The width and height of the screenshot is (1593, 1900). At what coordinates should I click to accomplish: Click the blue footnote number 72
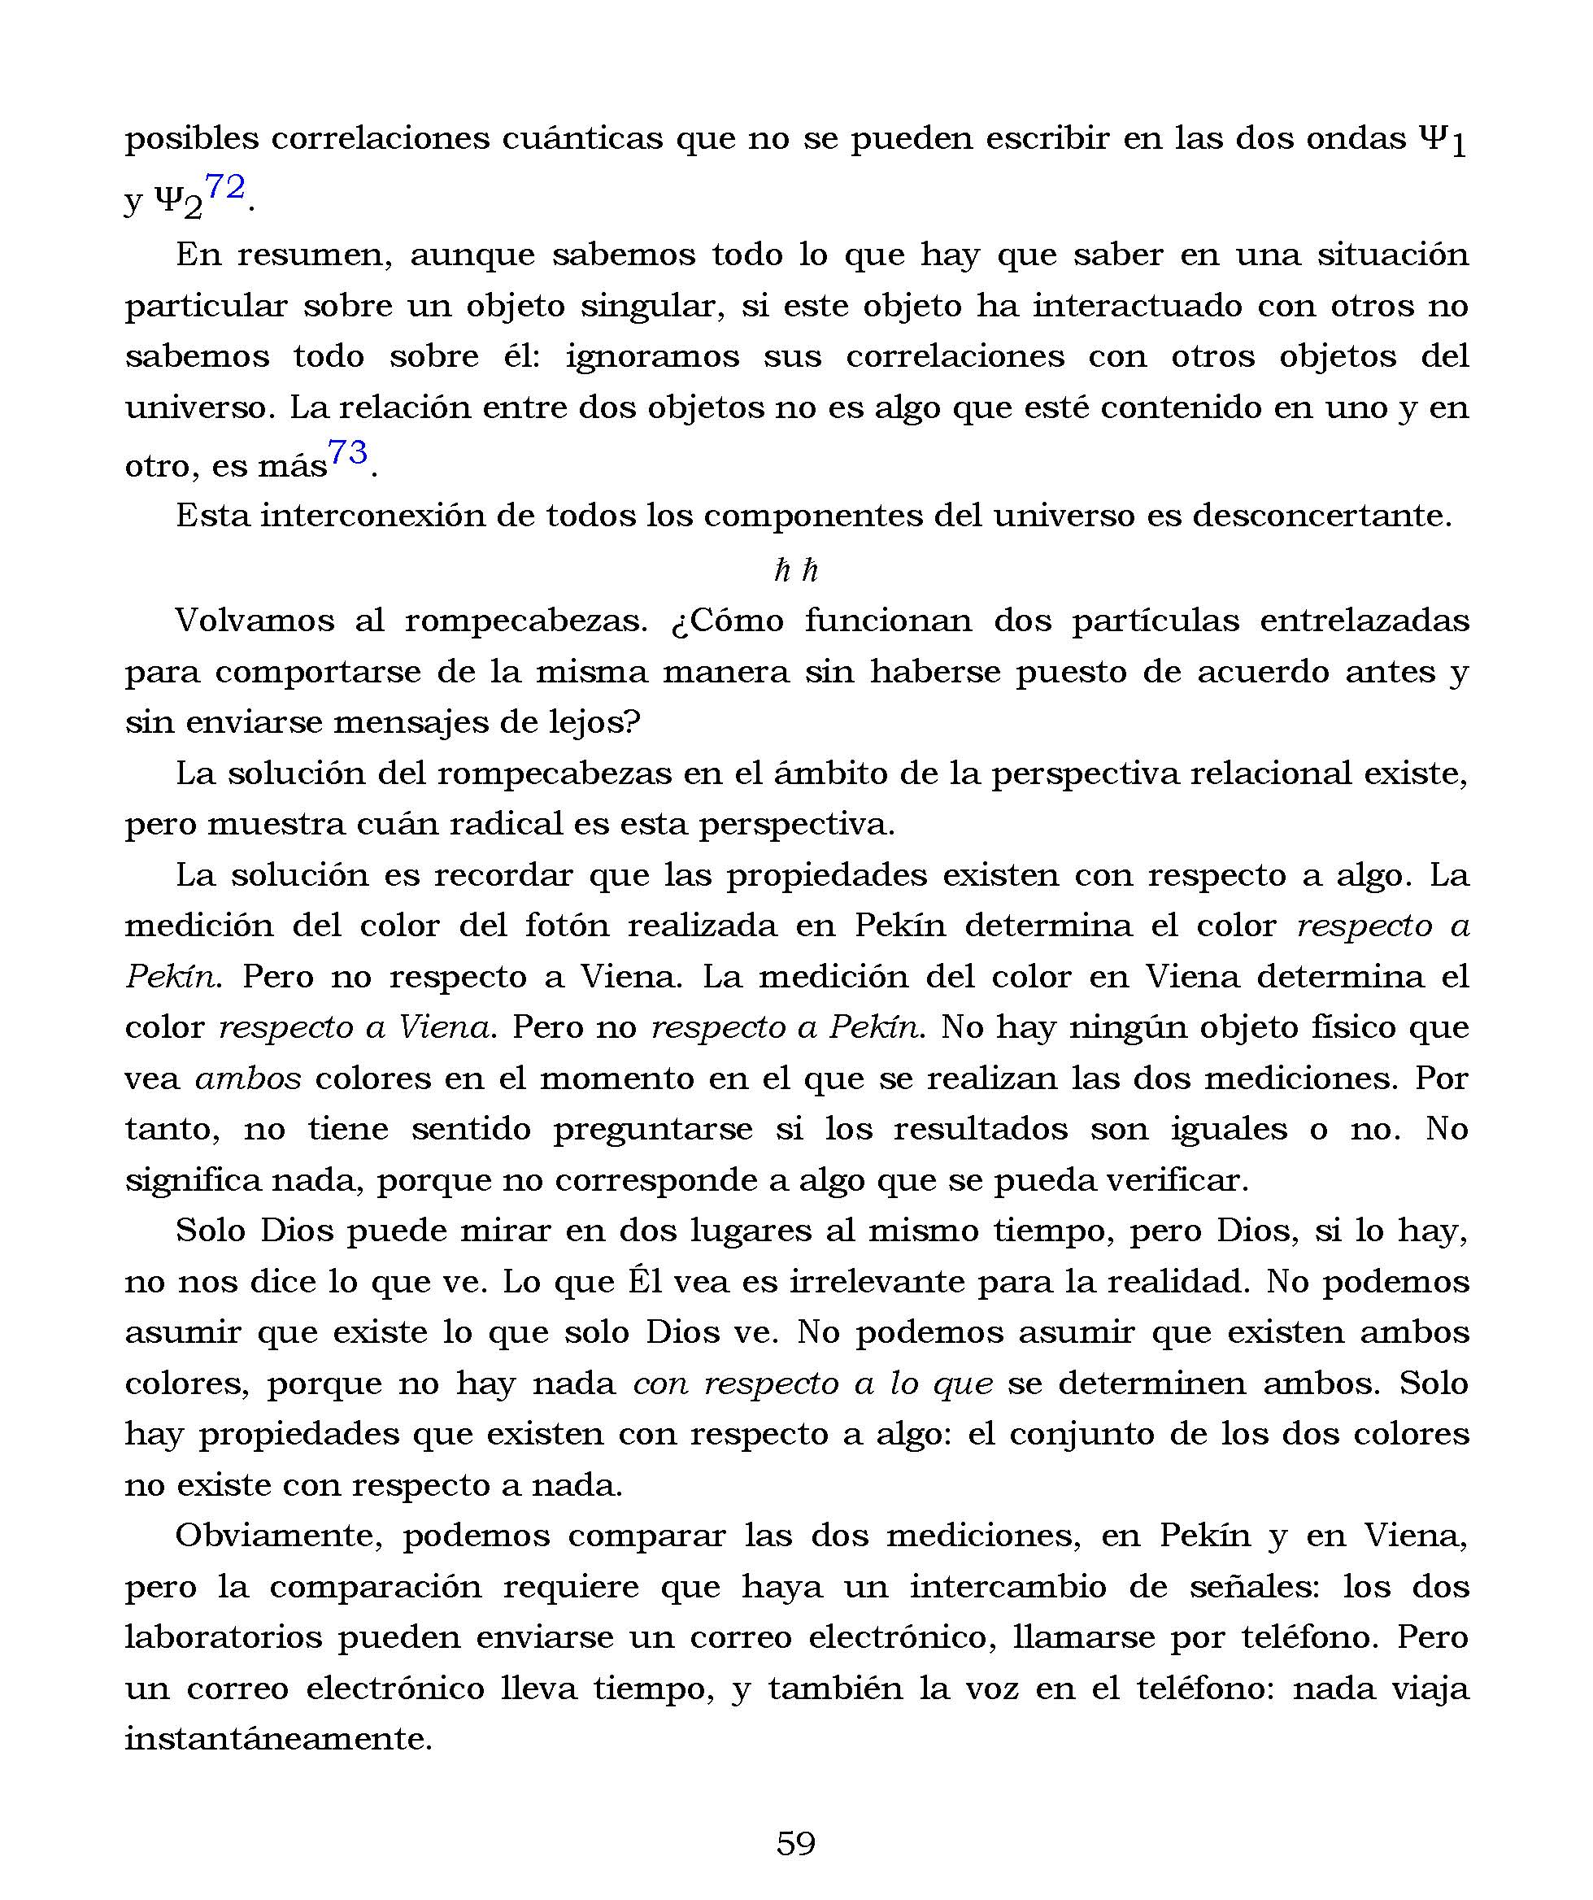point(225,188)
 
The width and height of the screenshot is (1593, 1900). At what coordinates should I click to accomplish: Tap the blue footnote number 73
point(347,451)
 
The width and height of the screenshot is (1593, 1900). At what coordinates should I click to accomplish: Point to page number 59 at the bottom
point(796,1843)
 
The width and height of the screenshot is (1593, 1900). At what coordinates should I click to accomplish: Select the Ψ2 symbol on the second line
point(179,202)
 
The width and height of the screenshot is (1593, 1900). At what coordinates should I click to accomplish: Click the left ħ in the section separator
point(782,570)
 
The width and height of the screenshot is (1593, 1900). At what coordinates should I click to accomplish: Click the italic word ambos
point(248,1079)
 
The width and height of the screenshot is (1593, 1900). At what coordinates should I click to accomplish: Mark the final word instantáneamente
point(279,1740)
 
